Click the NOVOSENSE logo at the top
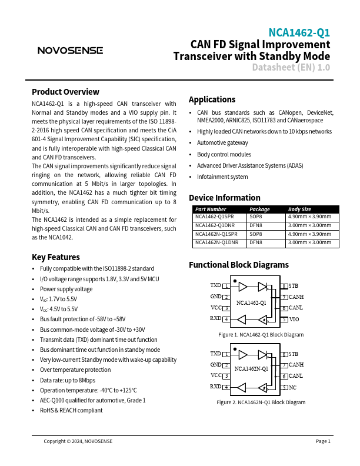click(70, 51)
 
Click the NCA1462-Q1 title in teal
click(299, 33)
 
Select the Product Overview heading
click(65, 92)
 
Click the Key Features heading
click(56, 257)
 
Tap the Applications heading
click(212, 99)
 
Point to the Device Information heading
click(224, 198)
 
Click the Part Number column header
click(211, 209)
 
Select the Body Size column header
click(299, 209)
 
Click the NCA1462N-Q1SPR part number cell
click(217, 234)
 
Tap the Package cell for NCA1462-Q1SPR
click(256, 217)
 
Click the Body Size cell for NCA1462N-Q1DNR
click(309, 242)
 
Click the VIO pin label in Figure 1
click(294, 319)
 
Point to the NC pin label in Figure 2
click(292, 388)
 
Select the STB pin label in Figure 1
click(294, 287)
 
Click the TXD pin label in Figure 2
click(215, 354)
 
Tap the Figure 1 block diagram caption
click(261, 335)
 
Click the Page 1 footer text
click(323, 441)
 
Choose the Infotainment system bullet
click(222, 177)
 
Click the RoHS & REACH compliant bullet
click(71, 411)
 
